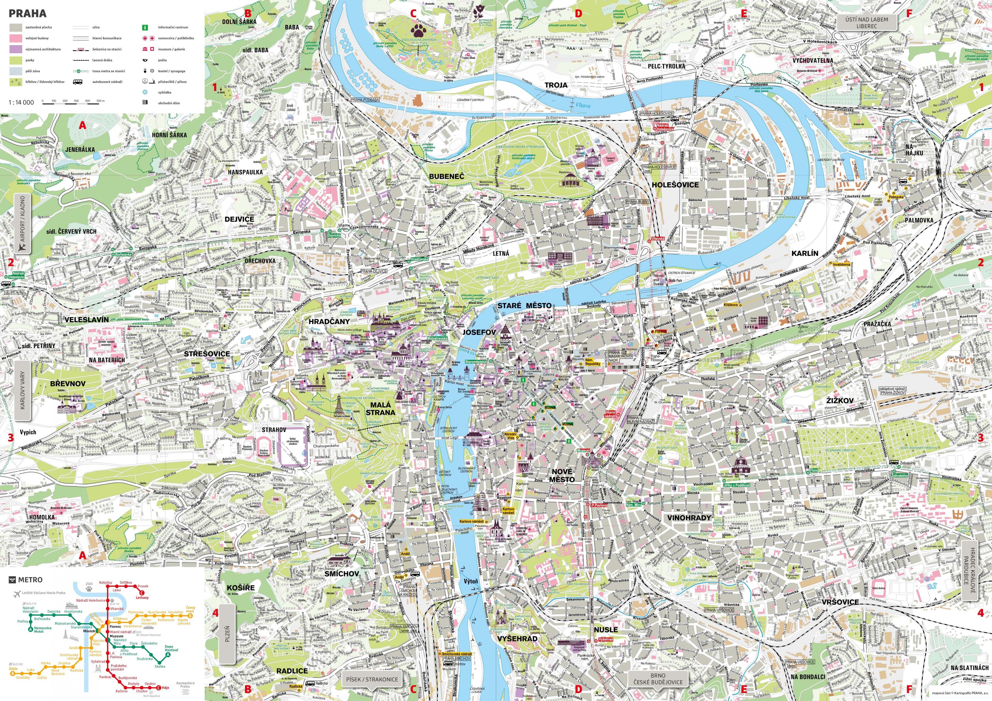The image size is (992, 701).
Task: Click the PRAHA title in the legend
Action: [x=27, y=13]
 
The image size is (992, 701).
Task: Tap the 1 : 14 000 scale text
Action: [x=21, y=103]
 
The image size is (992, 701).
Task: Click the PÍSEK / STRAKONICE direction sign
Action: [x=371, y=679]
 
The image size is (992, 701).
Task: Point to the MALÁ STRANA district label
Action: [x=380, y=409]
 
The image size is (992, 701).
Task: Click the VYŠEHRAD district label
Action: [x=517, y=638]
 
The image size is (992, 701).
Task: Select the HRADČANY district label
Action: [x=329, y=321]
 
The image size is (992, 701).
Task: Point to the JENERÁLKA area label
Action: [x=80, y=149]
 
